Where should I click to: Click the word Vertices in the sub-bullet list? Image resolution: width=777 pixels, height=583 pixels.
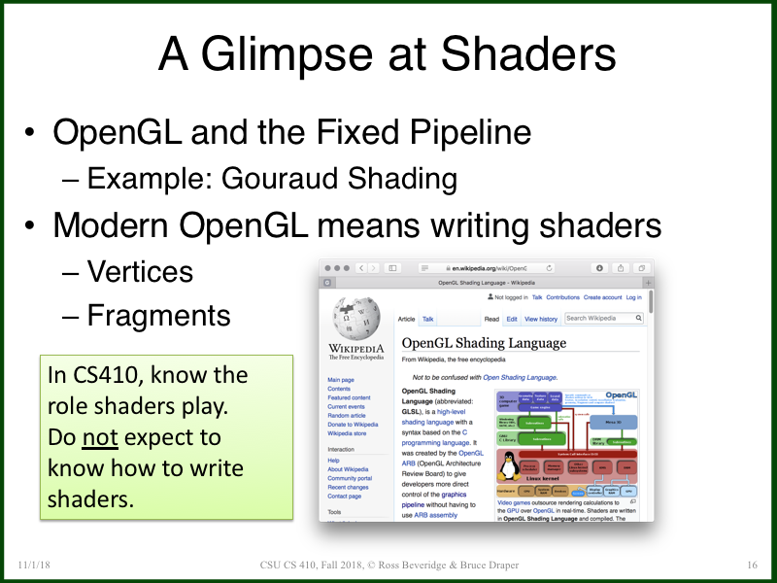click(x=141, y=271)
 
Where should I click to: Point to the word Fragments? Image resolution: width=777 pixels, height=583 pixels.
click(x=159, y=315)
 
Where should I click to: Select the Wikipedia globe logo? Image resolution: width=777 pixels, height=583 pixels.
click(x=355, y=319)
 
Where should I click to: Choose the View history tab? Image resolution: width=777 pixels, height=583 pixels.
click(x=541, y=319)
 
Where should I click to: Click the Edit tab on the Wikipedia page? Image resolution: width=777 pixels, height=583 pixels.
click(x=512, y=319)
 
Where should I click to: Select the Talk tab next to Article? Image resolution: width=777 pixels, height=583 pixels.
click(x=427, y=319)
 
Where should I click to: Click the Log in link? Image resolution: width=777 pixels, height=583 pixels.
click(x=633, y=297)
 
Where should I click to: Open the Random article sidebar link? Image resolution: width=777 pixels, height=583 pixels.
click(x=348, y=415)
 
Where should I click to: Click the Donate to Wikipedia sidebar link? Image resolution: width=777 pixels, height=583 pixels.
click(x=353, y=425)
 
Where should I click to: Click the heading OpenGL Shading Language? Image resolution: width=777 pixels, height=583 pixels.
click(x=484, y=343)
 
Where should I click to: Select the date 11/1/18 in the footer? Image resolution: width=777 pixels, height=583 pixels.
click(x=34, y=566)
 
